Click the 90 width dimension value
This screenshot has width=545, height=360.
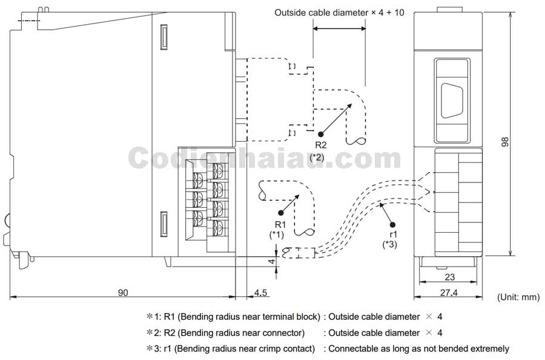(x=122, y=292)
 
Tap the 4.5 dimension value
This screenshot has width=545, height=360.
(x=260, y=292)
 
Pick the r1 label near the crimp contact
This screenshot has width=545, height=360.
(x=393, y=234)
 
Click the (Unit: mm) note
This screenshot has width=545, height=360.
(x=518, y=297)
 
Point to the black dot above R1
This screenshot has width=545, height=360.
(x=280, y=212)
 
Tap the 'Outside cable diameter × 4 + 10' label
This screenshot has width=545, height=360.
(x=339, y=12)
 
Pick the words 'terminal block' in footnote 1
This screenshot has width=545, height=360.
(x=291, y=316)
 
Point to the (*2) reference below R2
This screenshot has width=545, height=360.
(x=317, y=157)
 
